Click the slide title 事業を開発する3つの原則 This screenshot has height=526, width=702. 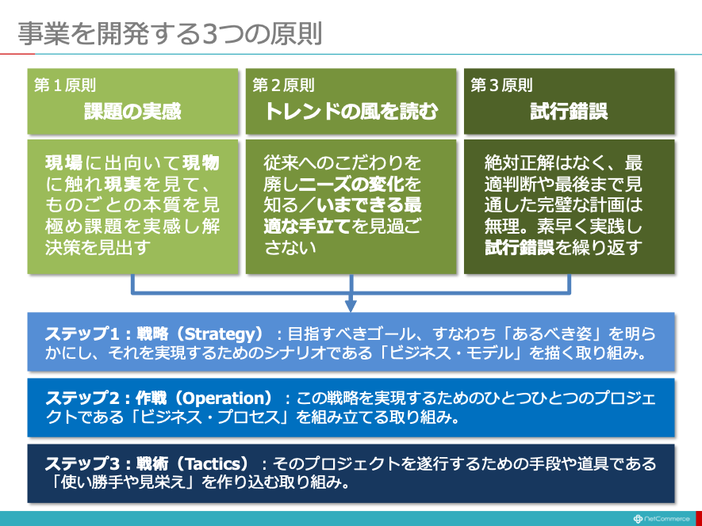coord(170,33)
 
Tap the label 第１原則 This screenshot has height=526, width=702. coord(65,85)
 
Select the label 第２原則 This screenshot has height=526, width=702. coord(283,85)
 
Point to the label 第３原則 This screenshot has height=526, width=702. coord(501,85)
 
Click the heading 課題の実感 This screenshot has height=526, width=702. coord(132,111)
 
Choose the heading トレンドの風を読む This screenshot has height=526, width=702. coord(351,111)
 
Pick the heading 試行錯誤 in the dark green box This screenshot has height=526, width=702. coord(569,111)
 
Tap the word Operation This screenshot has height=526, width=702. coord(225,398)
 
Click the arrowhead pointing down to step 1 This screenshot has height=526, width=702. coord(351,306)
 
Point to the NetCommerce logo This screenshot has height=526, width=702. coord(662,519)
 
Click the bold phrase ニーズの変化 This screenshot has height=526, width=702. coord(352,184)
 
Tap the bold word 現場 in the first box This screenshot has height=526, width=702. coord(64,163)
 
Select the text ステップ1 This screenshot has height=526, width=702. coord(82,334)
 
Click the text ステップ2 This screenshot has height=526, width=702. coord(82,398)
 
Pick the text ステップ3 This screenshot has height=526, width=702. coord(82,464)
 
